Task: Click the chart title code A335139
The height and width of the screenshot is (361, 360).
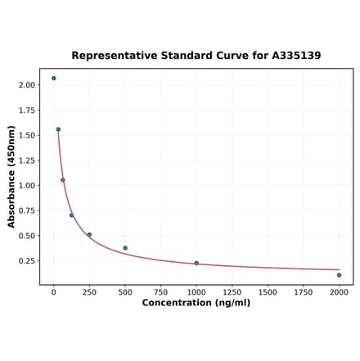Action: (292, 56)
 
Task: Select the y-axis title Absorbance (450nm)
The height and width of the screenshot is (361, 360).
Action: (11, 176)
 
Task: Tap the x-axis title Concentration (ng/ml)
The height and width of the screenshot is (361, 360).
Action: (196, 303)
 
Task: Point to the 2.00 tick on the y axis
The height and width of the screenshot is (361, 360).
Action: (26, 85)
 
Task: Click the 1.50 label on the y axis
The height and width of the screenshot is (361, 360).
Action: (26, 135)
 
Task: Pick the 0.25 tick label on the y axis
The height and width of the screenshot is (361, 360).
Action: (26, 261)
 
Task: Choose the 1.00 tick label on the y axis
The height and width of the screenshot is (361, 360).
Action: (26, 186)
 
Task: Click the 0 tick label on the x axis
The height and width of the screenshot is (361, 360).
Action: (54, 291)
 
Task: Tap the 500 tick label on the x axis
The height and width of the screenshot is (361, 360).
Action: (125, 291)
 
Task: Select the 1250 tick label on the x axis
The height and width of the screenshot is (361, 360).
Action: (232, 291)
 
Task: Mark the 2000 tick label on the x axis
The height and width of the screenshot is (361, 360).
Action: (339, 291)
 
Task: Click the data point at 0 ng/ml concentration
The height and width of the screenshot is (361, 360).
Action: (54, 79)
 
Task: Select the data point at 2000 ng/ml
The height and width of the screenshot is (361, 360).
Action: (339, 275)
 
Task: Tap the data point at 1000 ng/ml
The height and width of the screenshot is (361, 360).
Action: (196, 263)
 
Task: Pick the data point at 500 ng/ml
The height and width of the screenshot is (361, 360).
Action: (125, 248)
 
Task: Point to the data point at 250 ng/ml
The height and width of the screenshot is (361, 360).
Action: (89, 235)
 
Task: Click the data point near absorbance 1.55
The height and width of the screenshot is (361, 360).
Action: (58, 129)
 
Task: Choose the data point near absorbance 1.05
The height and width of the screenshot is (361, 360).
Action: (63, 180)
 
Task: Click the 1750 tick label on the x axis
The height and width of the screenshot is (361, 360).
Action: (303, 291)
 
